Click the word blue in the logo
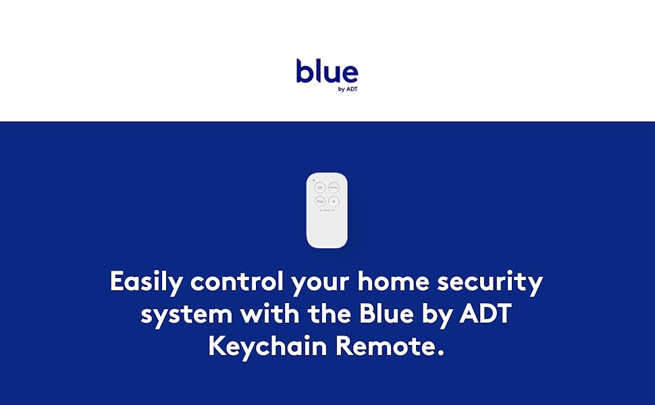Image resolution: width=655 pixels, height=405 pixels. pos(327,72)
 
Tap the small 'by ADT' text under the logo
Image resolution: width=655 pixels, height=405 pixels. pos(347,88)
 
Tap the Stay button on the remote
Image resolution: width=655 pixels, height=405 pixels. pos(319,201)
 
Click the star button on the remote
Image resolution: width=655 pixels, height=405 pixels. pos(334,201)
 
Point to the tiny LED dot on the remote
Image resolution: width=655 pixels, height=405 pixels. pos(313,180)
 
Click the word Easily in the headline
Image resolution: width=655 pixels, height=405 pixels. pos(147,281)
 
